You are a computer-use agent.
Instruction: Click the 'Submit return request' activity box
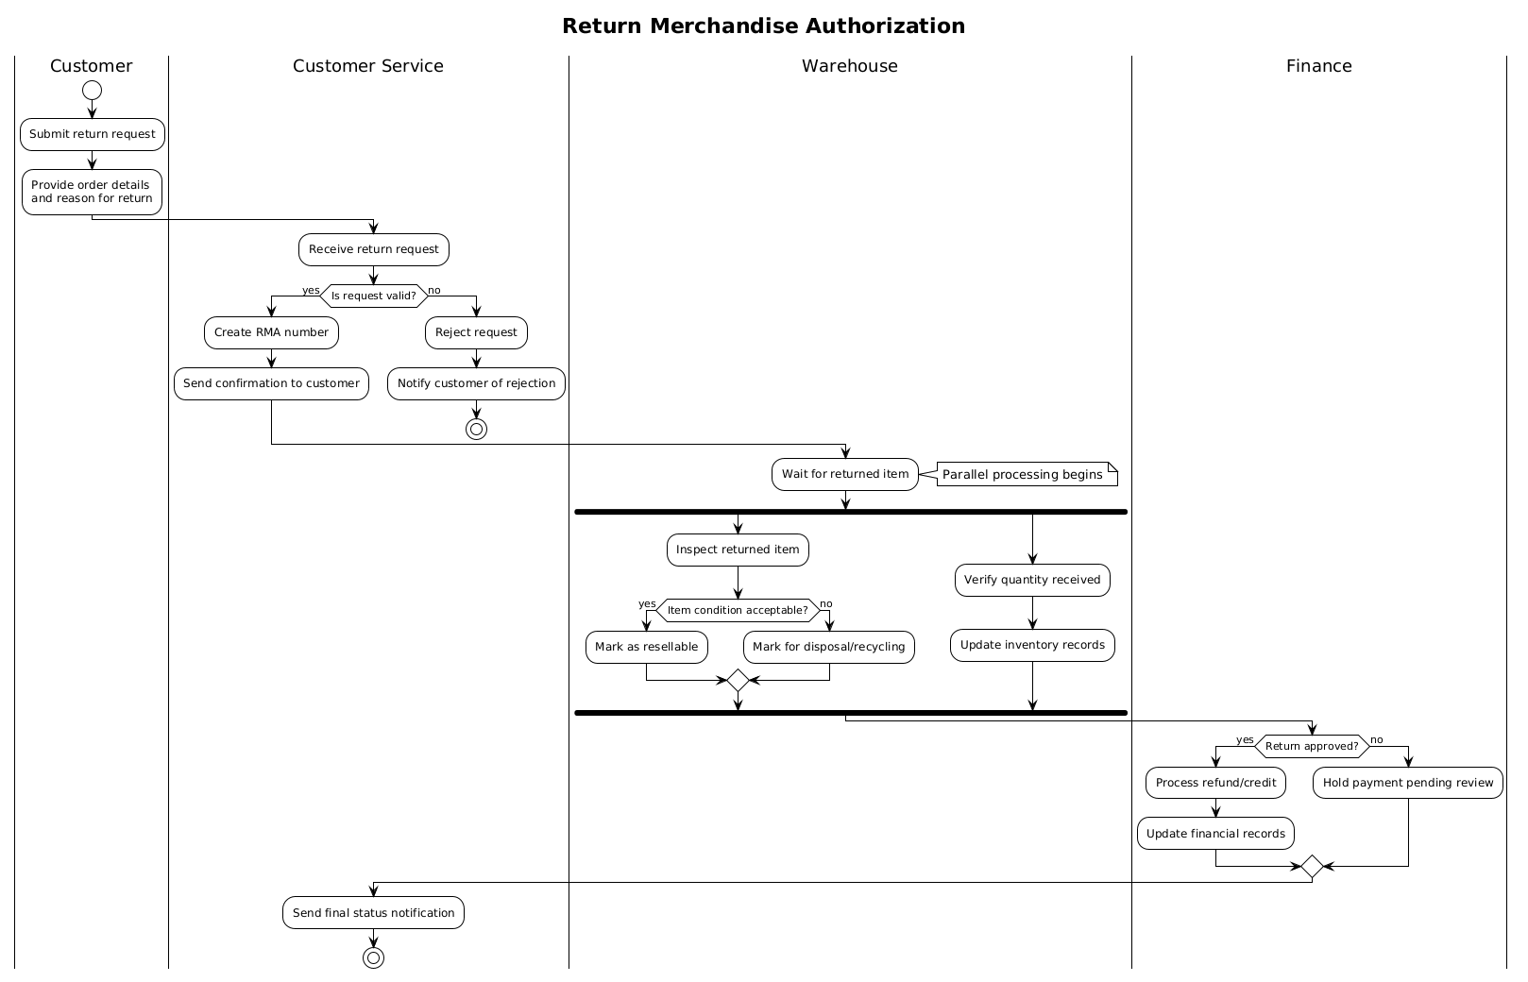[x=93, y=134]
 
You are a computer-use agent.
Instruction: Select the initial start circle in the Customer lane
[x=93, y=90]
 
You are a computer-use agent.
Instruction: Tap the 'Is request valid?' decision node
[x=374, y=296]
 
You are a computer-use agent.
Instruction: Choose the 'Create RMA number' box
[x=271, y=332]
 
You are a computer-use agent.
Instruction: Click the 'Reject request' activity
[x=476, y=332]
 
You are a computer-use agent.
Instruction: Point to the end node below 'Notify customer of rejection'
[x=476, y=429]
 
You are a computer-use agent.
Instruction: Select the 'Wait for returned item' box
[x=845, y=474]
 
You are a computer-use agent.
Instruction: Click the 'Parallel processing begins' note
[x=1027, y=474]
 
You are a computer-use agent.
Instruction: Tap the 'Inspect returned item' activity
[x=738, y=550]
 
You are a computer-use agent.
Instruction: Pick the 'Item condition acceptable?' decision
[x=738, y=610]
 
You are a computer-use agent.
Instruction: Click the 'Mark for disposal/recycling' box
[x=829, y=647]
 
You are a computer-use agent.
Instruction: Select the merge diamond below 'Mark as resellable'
[x=738, y=680]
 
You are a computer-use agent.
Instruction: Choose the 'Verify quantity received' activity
[x=1032, y=581]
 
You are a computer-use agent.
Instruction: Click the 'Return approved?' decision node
[x=1312, y=746]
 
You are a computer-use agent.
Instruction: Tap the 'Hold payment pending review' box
[x=1408, y=783]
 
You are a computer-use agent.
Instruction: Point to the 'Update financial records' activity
[x=1215, y=834]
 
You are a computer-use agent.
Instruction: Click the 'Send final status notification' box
[x=373, y=912]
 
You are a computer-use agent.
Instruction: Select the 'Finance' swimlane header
[x=1318, y=66]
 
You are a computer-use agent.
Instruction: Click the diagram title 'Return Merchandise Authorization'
[x=763, y=26]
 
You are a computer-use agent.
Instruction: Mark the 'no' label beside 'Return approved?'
[x=1377, y=740]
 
